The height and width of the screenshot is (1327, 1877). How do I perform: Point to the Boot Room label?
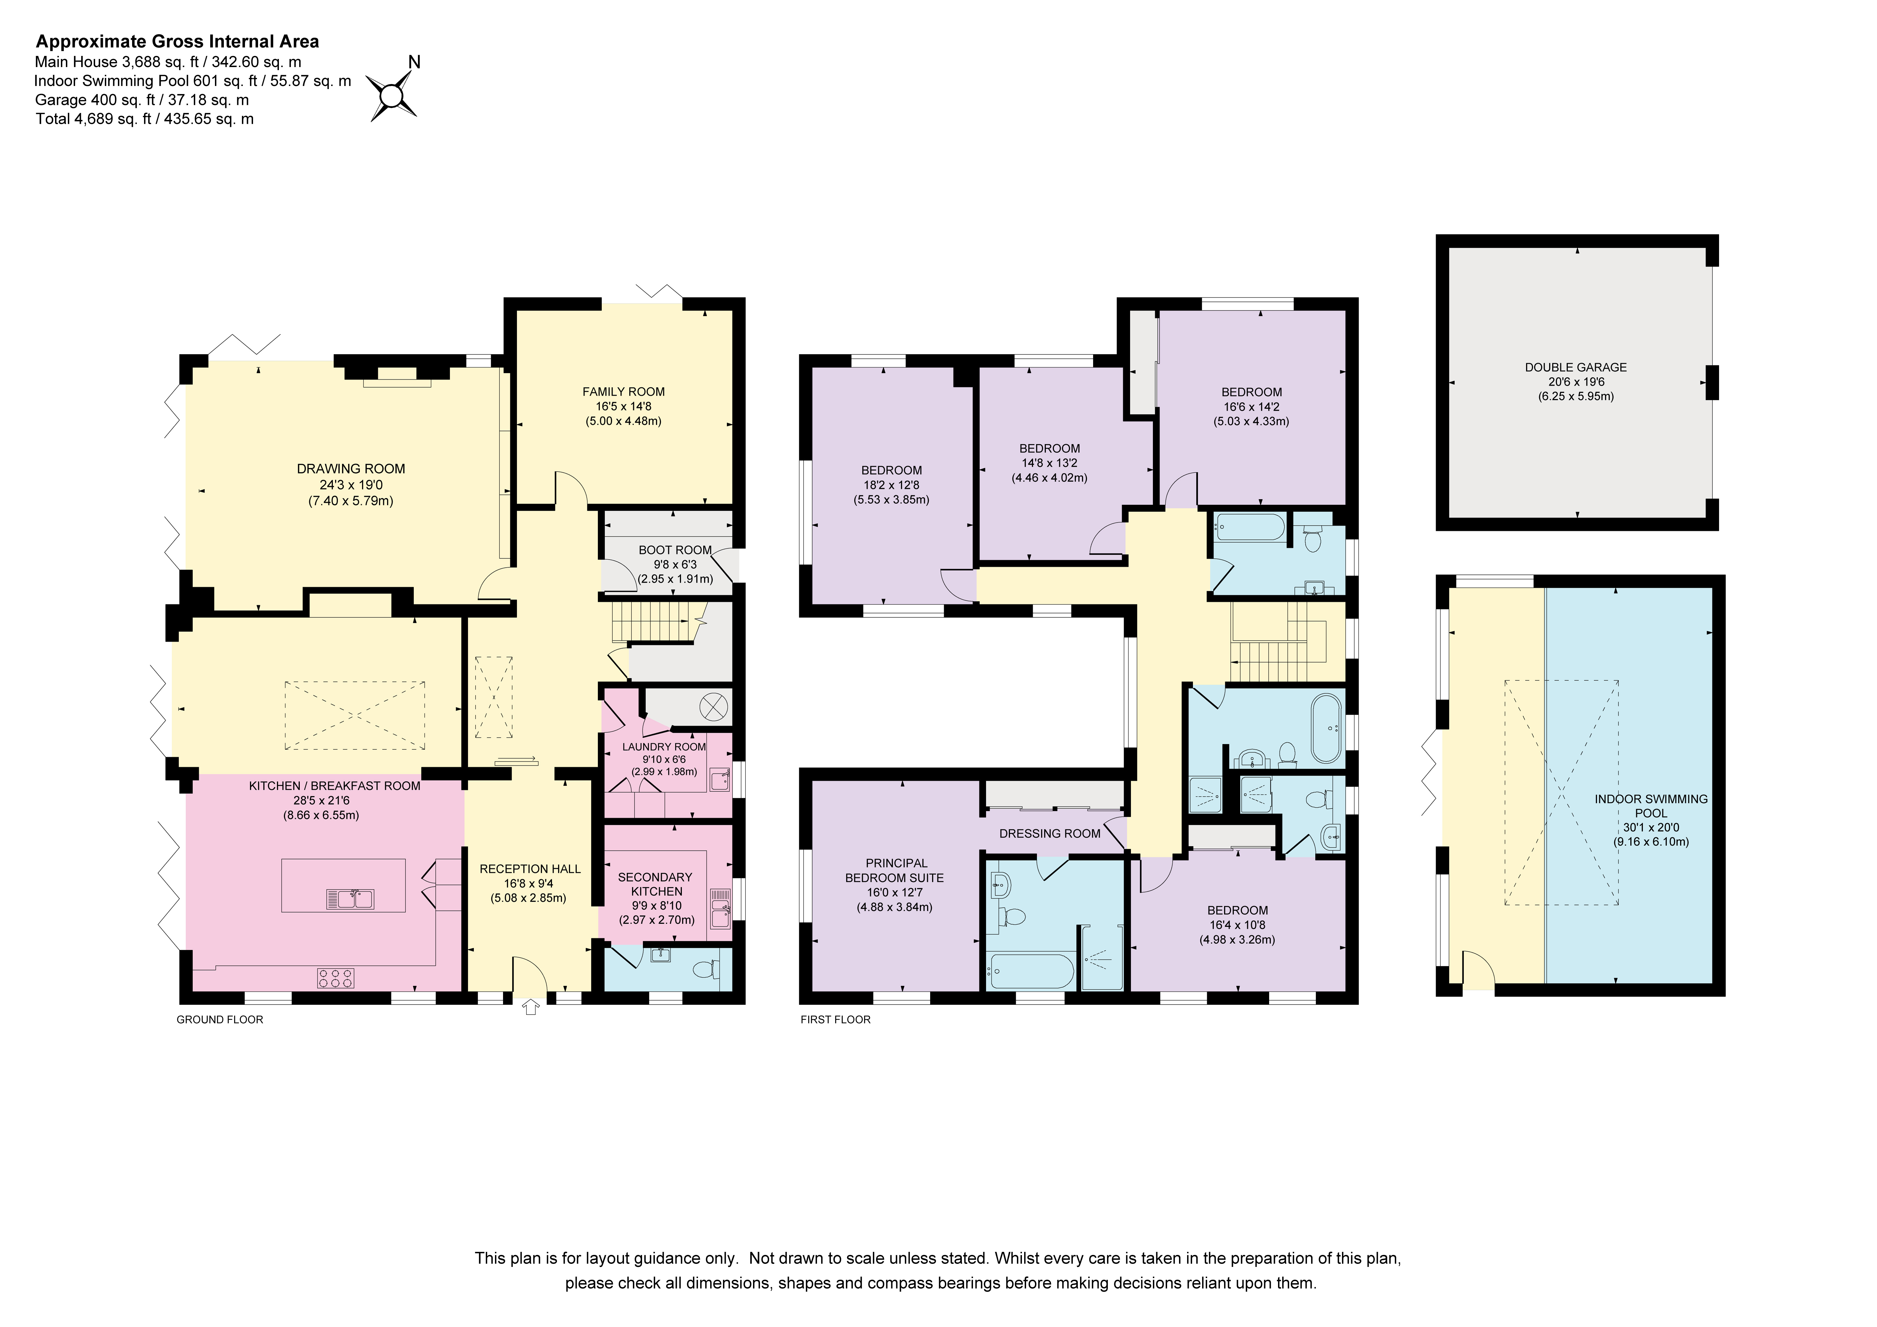click(675, 550)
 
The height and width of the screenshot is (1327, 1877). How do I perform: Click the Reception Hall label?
click(530, 869)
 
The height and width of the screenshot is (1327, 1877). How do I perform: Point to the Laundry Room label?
click(664, 746)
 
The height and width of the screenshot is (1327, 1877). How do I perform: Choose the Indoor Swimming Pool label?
click(1651, 806)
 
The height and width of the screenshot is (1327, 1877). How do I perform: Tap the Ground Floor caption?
click(220, 1020)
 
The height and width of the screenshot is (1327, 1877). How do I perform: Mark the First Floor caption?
click(836, 1020)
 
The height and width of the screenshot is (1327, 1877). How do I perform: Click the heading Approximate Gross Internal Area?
click(177, 42)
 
